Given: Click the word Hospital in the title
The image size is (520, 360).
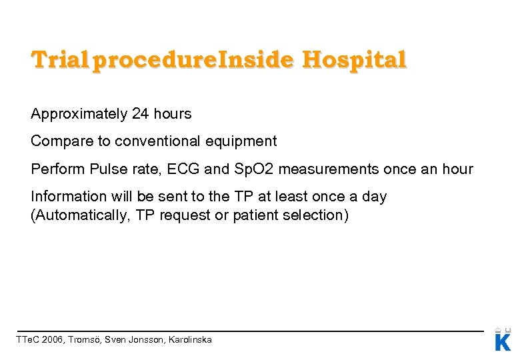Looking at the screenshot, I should click(x=353, y=61).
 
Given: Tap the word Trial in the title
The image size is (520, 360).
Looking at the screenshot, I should click(x=59, y=61).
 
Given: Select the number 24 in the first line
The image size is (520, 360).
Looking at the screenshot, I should click(x=140, y=114).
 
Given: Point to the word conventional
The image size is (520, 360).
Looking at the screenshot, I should click(x=157, y=141).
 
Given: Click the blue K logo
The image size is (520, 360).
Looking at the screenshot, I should click(x=503, y=341).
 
